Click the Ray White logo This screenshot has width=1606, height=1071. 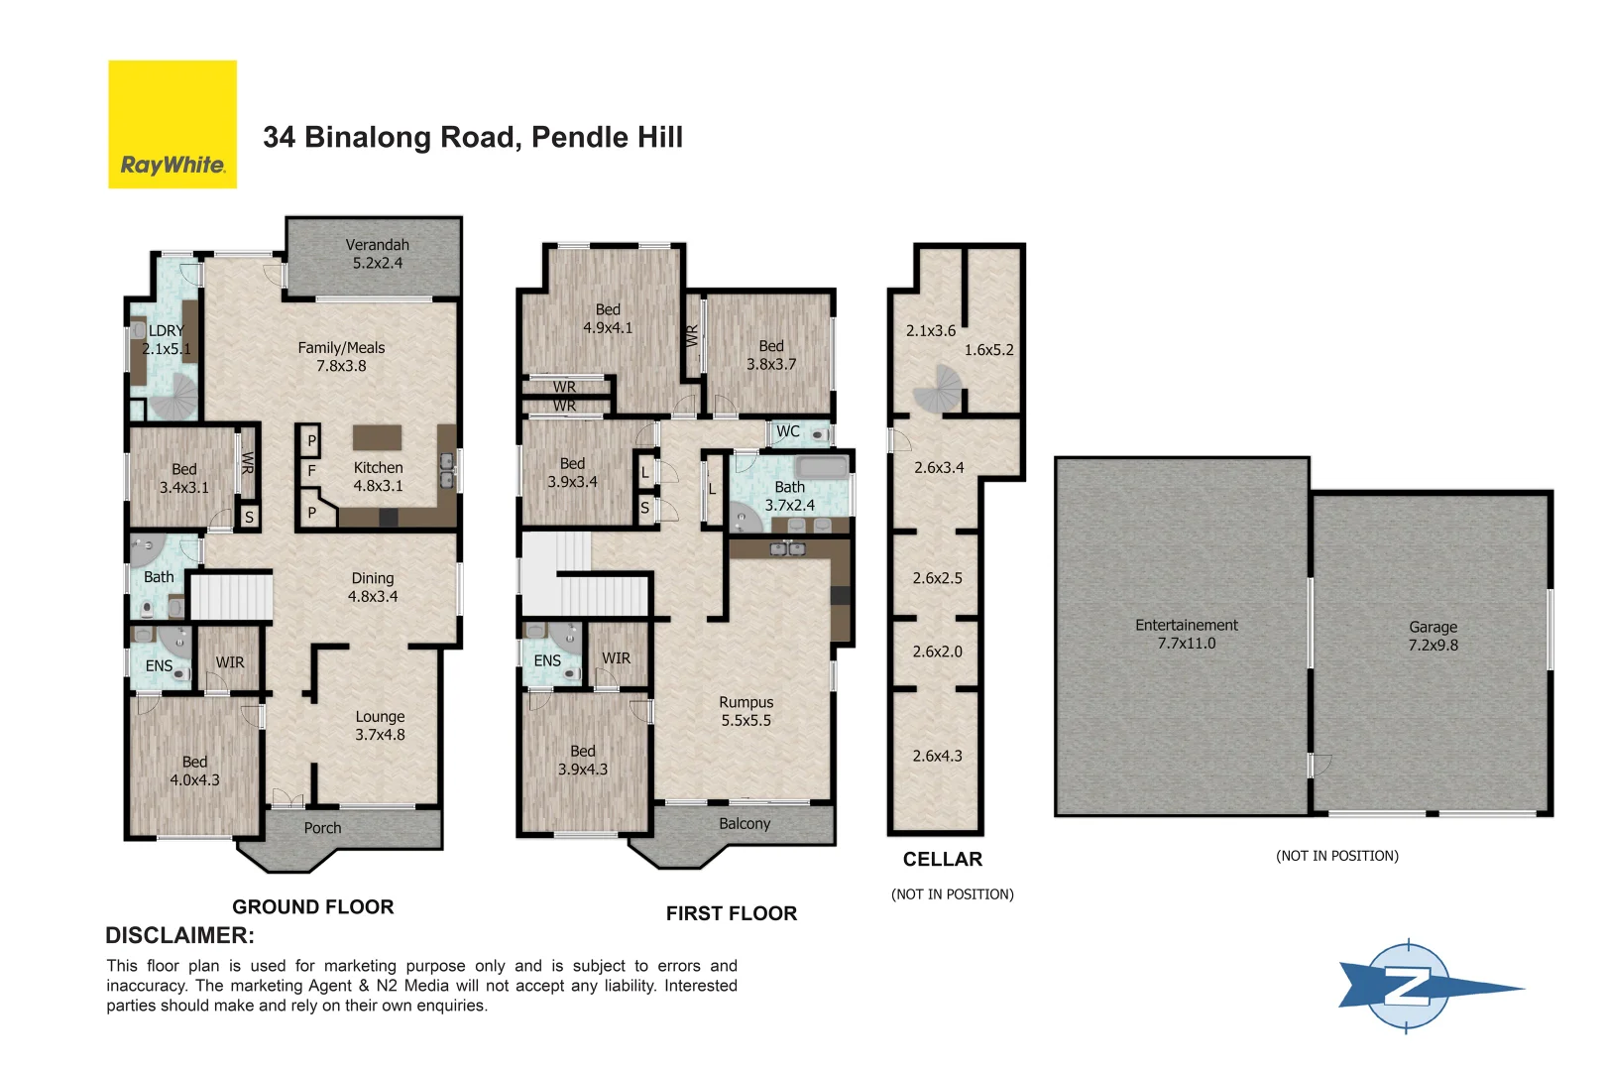click(172, 125)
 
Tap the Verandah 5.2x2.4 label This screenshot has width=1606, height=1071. click(377, 254)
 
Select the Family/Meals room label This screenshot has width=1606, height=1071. click(341, 357)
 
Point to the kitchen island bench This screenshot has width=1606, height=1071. click(378, 437)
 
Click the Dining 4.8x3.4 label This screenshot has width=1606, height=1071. click(373, 587)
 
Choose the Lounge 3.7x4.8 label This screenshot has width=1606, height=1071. click(380, 726)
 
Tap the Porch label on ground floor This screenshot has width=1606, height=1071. click(322, 828)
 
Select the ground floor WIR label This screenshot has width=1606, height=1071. click(230, 662)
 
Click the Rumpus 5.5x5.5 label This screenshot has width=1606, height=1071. click(746, 711)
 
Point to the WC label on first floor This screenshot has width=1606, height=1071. click(788, 431)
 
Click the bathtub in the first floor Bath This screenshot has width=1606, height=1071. click(822, 467)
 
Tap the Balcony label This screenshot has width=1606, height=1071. click(745, 824)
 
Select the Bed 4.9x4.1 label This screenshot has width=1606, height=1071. click(608, 318)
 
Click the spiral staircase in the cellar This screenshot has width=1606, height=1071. click(938, 389)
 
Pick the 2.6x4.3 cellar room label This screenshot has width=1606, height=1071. click(937, 756)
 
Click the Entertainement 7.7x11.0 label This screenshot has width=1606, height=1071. click(1187, 634)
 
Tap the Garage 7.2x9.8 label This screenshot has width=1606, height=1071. click(1433, 636)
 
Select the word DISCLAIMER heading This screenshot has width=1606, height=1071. click(179, 935)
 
